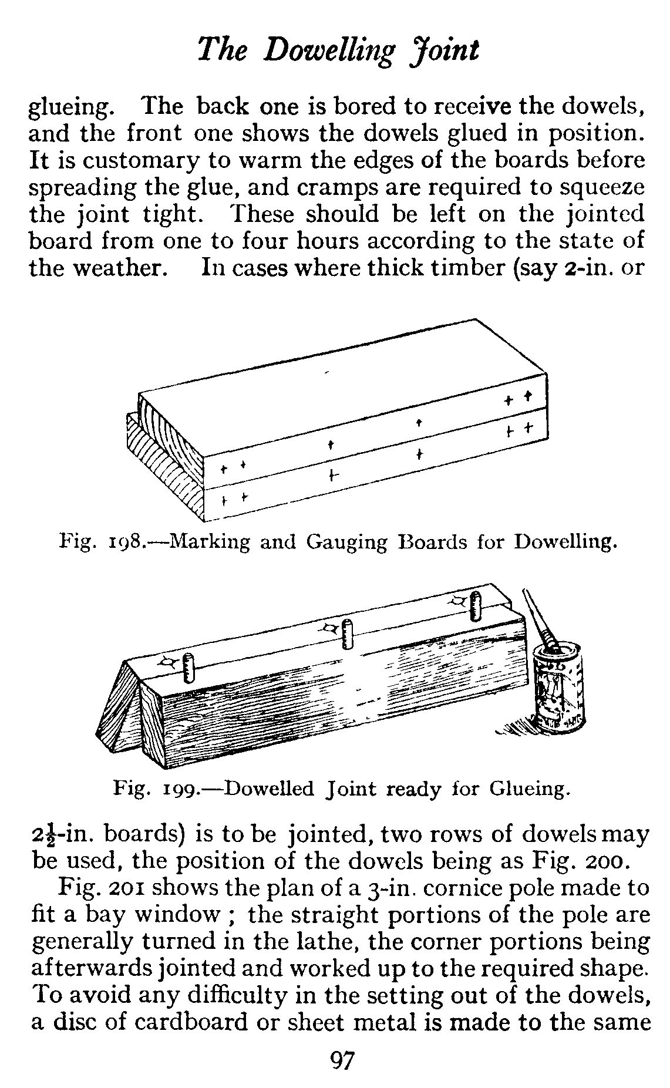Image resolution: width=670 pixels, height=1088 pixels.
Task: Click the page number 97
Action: (x=342, y=1061)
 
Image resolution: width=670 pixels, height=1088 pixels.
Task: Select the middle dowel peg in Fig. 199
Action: (x=348, y=635)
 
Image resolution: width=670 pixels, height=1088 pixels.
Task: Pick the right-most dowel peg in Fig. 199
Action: (x=476, y=607)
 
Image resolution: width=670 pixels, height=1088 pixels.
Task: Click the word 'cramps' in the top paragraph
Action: (x=323, y=188)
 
